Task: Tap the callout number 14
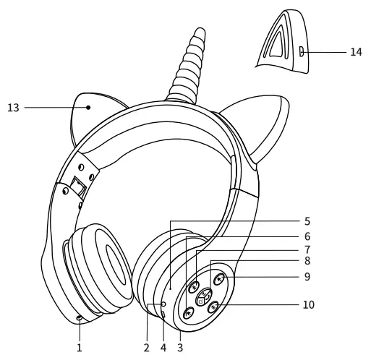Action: click(x=356, y=52)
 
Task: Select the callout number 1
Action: click(x=80, y=347)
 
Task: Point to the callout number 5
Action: click(x=307, y=220)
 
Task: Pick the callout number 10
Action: click(x=309, y=304)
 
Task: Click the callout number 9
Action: click(x=307, y=275)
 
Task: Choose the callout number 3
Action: click(x=180, y=347)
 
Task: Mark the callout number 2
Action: click(x=146, y=347)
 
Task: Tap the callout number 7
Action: click(x=307, y=249)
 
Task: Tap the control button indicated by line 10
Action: click(x=214, y=307)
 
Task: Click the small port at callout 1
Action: click(x=79, y=318)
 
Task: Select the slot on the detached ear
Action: click(x=301, y=51)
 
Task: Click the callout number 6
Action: click(x=307, y=236)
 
